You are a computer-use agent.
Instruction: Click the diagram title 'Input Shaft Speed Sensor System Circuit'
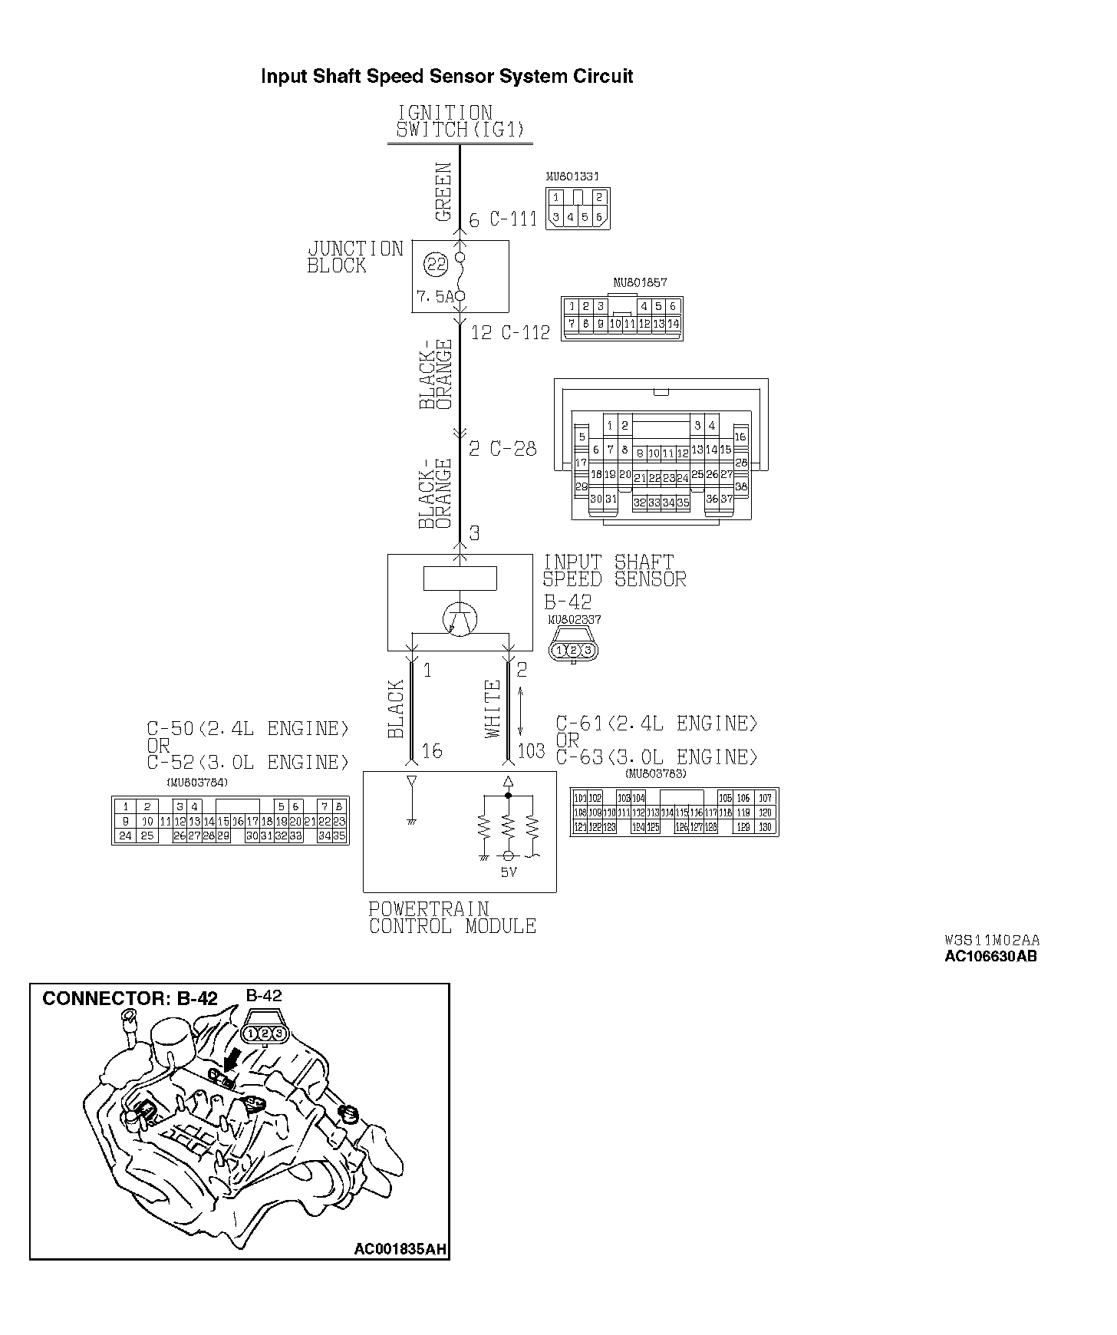click(446, 77)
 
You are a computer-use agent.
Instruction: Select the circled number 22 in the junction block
click(436, 265)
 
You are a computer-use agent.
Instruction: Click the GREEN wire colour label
click(443, 192)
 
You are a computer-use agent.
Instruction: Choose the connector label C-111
click(513, 219)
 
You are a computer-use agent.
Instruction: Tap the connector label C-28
click(512, 448)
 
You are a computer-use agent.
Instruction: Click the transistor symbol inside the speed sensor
click(460, 618)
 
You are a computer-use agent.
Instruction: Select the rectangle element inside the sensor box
click(460, 578)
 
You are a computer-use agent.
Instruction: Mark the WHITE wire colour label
click(493, 709)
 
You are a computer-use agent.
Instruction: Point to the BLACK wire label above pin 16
click(396, 709)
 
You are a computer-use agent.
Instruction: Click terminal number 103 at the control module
click(531, 750)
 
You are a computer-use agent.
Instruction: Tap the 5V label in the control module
click(509, 872)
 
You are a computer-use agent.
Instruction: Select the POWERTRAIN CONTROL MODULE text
click(452, 918)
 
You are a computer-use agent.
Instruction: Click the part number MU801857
click(640, 282)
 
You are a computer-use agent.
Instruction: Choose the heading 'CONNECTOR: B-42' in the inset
click(130, 999)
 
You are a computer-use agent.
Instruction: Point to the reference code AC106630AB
click(990, 956)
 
